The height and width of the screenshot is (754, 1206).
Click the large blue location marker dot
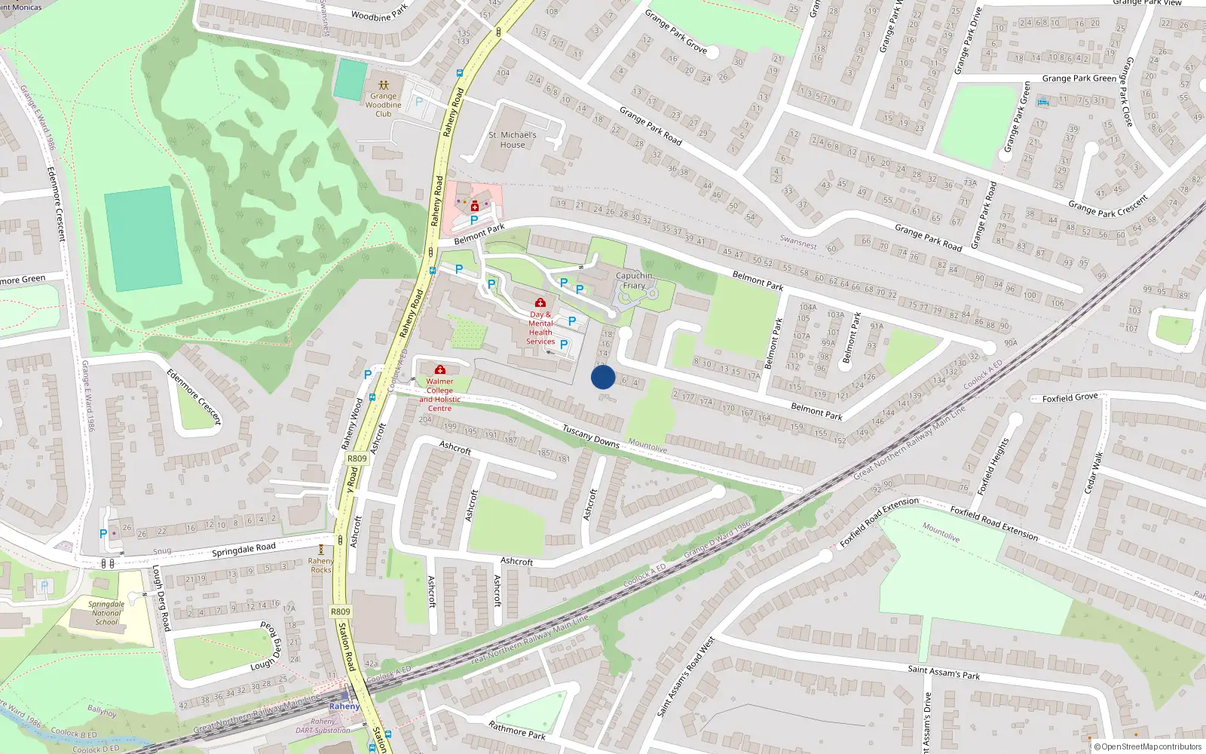[x=603, y=377]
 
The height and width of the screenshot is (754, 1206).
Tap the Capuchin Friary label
[x=634, y=280]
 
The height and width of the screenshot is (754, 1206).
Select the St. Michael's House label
[x=513, y=139]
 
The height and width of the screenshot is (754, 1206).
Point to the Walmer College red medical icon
[x=440, y=369]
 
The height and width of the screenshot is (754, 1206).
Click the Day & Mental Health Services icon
[x=540, y=302]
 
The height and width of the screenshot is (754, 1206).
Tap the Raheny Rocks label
[x=321, y=565]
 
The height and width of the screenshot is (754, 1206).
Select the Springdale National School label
[x=106, y=613]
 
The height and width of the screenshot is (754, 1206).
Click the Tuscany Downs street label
[x=591, y=436]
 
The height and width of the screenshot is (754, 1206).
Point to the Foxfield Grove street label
[x=1070, y=397]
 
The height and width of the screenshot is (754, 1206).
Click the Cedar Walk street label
[x=1092, y=473]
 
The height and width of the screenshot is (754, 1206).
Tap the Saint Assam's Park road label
[x=944, y=671]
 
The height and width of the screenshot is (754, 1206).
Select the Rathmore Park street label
[x=517, y=730]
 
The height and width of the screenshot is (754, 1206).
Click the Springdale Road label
[x=243, y=550]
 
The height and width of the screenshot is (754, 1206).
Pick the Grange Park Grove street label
[x=675, y=31]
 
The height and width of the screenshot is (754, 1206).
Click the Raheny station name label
[x=344, y=706]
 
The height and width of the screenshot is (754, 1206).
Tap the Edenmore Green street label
[x=23, y=280]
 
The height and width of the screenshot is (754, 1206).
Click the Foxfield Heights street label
[x=993, y=467]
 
